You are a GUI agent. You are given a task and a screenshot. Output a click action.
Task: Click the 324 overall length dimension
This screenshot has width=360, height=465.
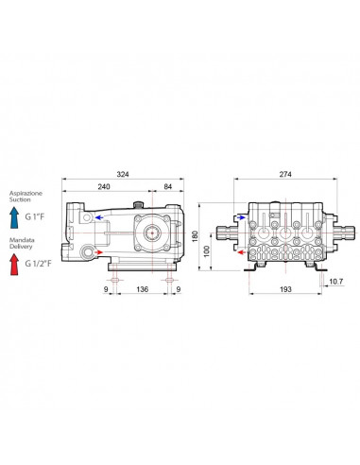tap(123, 174)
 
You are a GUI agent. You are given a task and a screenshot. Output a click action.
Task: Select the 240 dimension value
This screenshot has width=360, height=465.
tap(104, 186)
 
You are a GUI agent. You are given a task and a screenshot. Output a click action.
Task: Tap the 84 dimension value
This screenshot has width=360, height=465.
tap(168, 186)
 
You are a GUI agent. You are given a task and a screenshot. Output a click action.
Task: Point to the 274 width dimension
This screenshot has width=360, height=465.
tap(285, 174)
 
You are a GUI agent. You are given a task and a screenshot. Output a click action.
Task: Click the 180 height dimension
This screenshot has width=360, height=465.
tap(195, 236)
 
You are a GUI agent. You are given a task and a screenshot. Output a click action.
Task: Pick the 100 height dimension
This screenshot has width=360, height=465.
tap(207, 251)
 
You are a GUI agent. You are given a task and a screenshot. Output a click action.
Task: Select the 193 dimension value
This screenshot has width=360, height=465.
tap(285, 289)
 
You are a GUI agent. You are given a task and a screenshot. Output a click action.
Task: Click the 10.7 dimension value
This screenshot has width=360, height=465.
tap(336, 282)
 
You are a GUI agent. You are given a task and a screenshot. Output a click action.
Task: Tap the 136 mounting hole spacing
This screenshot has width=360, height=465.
tap(143, 289)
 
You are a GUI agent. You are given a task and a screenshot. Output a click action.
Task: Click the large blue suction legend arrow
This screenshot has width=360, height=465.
tap(14, 217)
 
